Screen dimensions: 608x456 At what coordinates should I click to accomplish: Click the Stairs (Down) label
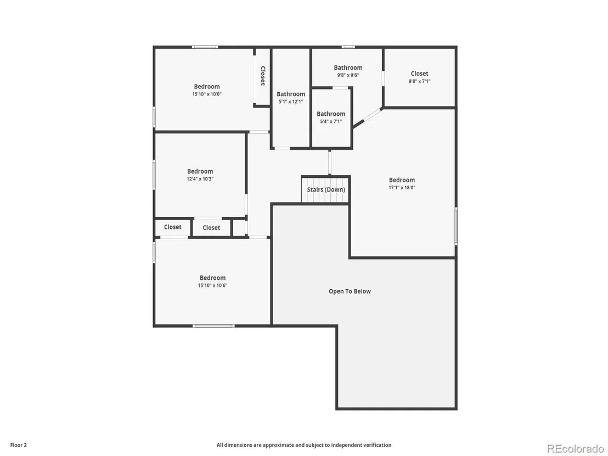coord(326,190)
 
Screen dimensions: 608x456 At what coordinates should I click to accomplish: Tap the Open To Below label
coord(350,291)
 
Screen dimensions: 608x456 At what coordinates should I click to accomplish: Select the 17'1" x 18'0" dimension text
coord(402,187)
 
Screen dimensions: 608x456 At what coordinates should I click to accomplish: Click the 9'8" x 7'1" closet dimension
coord(420,81)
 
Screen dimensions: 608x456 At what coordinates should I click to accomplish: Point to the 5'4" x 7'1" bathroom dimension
coord(331,121)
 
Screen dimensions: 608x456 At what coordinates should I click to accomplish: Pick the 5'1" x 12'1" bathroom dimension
coord(291,102)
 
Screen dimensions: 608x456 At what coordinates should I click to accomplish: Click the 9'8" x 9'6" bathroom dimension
coord(348,75)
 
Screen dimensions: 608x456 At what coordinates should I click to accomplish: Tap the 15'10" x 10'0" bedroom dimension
coord(207,94)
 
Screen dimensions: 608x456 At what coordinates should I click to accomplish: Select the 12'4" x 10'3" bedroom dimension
coord(200,179)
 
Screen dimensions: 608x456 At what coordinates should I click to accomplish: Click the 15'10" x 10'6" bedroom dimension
coord(212,285)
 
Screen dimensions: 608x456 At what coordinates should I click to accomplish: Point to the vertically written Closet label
coord(262,76)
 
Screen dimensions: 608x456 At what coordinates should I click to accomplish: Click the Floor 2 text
coord(19,445)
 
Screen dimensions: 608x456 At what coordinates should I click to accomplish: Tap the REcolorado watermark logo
coord(575,449)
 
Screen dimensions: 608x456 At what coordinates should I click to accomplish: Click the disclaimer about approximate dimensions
coord(304,445)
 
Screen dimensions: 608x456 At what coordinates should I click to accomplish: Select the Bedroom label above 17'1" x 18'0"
coord(402,180)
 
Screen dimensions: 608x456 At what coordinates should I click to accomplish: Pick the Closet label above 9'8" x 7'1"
coord(420,74)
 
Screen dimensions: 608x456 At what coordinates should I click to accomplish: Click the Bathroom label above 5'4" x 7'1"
coord(331,114)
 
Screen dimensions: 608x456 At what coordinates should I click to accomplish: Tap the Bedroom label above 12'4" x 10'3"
coord(200,171)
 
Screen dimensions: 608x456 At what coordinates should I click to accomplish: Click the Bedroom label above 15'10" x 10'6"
coord(212,278)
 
